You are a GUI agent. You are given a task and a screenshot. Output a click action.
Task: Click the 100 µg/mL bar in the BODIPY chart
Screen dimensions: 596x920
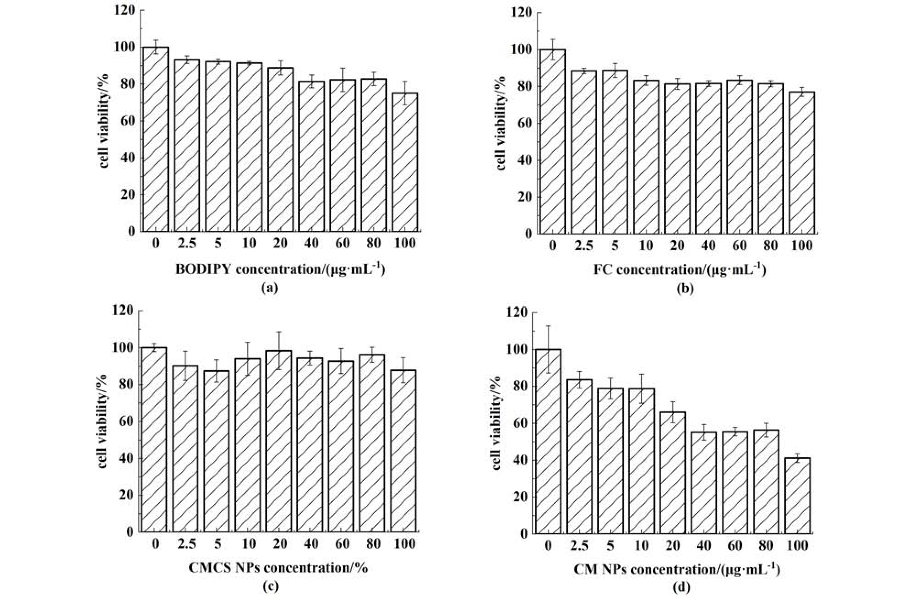pos(405,162)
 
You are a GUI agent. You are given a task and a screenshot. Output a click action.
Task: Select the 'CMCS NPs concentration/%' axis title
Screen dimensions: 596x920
pos(278,568)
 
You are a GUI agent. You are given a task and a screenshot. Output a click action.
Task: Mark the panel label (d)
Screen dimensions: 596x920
pos(680,587)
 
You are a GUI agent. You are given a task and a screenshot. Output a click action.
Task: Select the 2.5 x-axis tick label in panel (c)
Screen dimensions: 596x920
pos(187,544)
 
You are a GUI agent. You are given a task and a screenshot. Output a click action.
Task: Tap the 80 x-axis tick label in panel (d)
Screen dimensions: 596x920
pos(766,546)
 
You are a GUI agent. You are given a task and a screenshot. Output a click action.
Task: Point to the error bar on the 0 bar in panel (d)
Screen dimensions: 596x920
pos(548,349)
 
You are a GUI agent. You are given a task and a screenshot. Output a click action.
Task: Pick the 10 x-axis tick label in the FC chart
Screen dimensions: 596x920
pos(646,246)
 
